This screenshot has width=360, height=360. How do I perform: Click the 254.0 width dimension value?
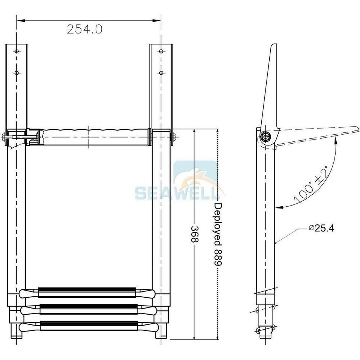point(84,29)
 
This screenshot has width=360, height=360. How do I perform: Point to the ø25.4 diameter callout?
point(321,228)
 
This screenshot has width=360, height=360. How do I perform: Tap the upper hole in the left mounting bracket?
point(16,51)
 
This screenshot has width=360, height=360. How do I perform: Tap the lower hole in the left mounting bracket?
point(16,72)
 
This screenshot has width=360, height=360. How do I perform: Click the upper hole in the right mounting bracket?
point(161,51)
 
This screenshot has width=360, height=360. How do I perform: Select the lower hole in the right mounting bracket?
point(161,72)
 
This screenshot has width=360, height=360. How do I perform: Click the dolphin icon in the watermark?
point(195,176)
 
